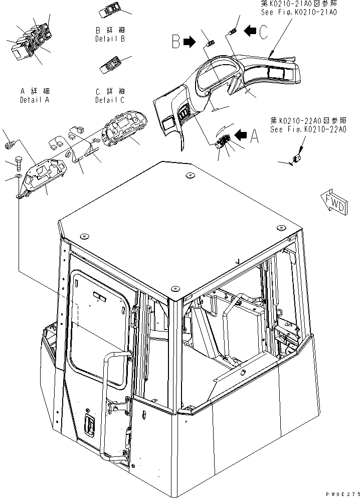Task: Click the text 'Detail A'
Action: (35, 99)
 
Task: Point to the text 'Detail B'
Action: (110, 38)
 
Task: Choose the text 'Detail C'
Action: (110, 100)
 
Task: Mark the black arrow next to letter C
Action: (249, 31)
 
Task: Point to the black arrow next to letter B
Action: (190, 43)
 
